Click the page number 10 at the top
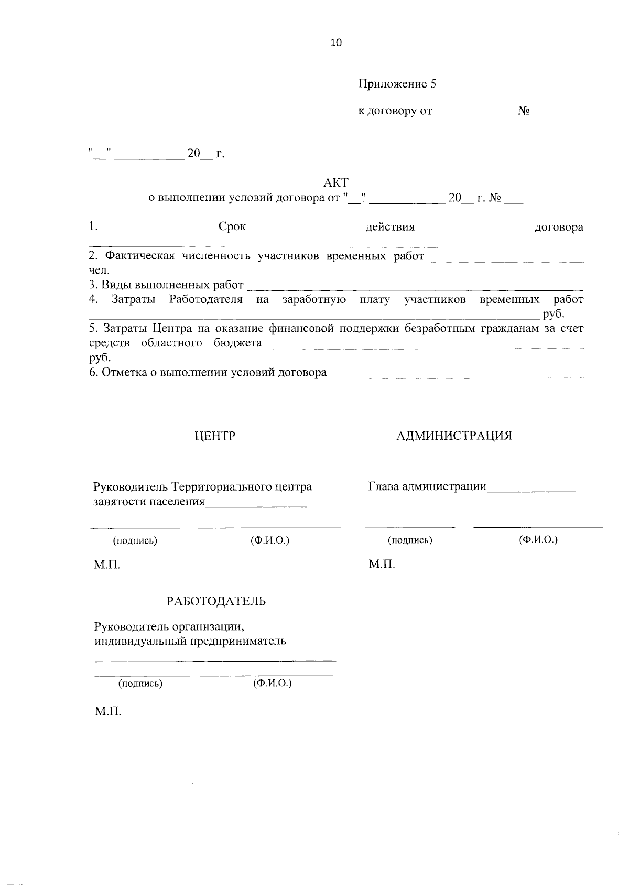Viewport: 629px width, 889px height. click(x=336, y=43)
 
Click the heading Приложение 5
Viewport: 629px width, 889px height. click(x=397, y=84)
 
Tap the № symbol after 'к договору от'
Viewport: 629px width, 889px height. click(x=523, y=111)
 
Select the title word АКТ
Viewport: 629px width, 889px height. click(x=336, y=182)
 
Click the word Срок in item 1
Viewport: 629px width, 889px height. click(x=232, y=227)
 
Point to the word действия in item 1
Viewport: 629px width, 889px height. click(x=390, y=227)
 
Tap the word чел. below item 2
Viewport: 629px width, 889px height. click(x=99, y=270)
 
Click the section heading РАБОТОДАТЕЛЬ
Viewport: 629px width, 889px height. click(x=216, y=601)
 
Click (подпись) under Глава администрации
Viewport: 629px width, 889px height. click(x=410, y=540)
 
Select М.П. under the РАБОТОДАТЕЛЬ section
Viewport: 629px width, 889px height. click(x=108, y=712)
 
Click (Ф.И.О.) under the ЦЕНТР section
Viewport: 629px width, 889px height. click(x=270, y=540)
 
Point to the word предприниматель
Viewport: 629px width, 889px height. click(x=238, y=641)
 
